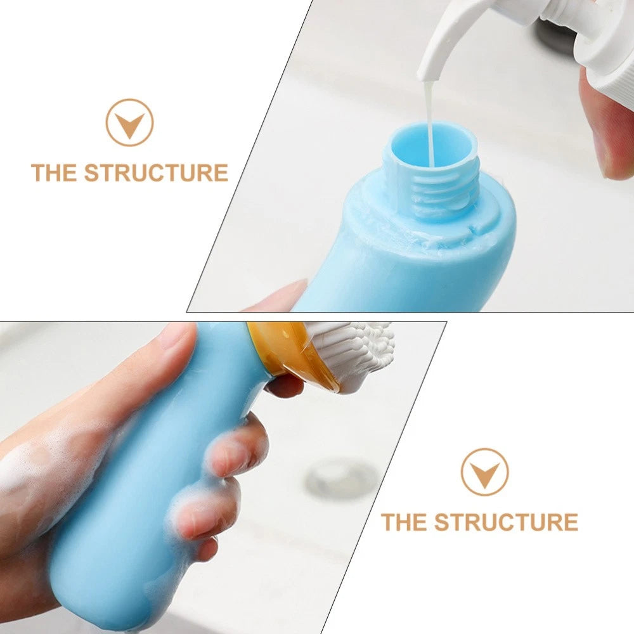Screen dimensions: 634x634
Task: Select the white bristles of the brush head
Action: point(355,349)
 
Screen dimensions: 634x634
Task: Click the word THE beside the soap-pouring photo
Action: point(55,172)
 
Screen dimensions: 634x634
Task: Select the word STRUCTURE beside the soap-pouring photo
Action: point(155,172)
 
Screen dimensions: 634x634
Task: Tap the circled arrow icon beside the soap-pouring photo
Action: point(129,122)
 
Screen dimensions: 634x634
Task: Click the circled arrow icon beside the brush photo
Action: point(484,472)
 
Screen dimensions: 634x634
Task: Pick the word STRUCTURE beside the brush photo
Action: point(505,522)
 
